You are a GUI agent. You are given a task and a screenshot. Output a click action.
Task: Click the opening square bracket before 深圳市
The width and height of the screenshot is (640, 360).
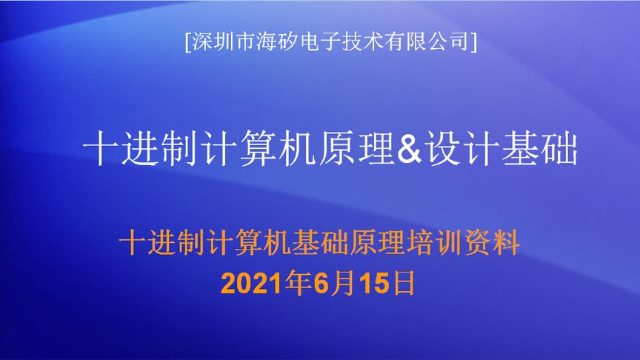click(187, 41)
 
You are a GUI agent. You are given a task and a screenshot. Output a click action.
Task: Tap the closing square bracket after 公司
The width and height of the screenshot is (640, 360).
click(473, 41)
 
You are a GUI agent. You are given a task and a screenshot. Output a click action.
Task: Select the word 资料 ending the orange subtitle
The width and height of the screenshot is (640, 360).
click(496, 243)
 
